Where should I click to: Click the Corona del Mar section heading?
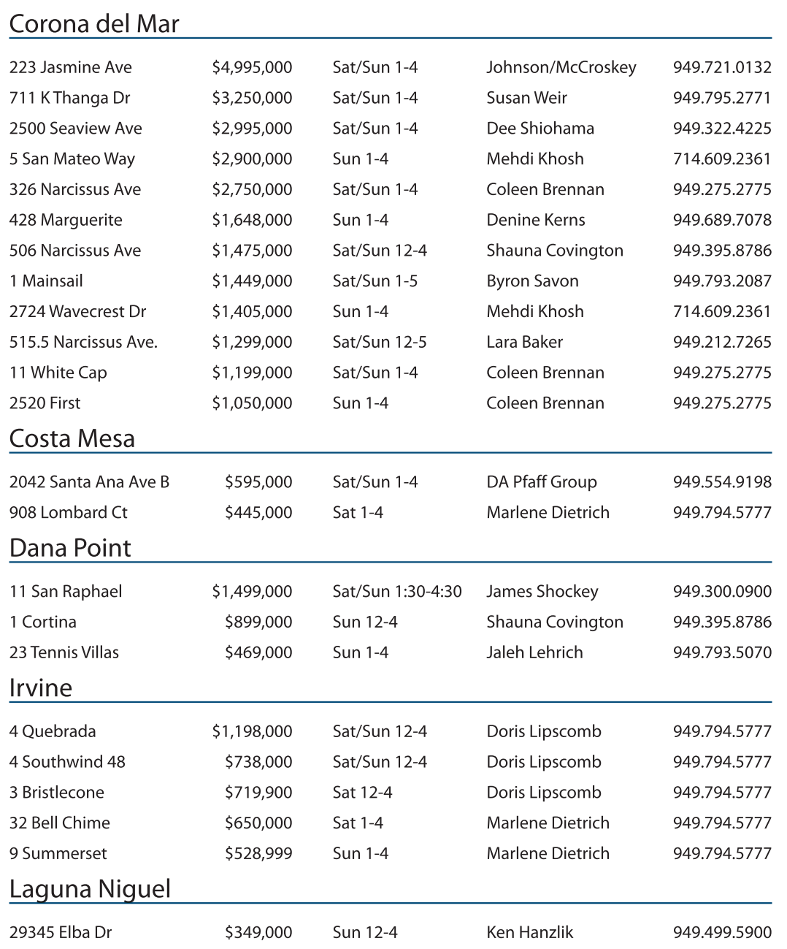point(94,24)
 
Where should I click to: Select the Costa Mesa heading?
point(72,438)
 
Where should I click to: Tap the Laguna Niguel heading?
point(90,889)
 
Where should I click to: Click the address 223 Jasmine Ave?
point(71,67)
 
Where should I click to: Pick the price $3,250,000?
point(252,98)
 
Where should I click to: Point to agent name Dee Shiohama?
point(540,129)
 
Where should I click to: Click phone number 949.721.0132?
point(722,67)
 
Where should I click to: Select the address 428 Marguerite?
point(66,220)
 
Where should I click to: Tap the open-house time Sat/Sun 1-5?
point(375,281)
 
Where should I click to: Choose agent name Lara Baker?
point(525,342)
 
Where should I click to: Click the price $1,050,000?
point(252,403)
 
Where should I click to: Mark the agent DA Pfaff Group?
point(542,482)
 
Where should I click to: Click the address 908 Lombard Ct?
point(69,513)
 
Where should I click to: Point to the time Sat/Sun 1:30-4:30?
point(397,592)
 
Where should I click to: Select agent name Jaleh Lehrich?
point(535,652)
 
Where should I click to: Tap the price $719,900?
point(258,793)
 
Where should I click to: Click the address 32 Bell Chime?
point(60,823)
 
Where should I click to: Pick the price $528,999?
point(258,854)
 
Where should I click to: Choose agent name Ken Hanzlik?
point(530,933)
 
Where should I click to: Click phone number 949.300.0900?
point(722,592)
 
